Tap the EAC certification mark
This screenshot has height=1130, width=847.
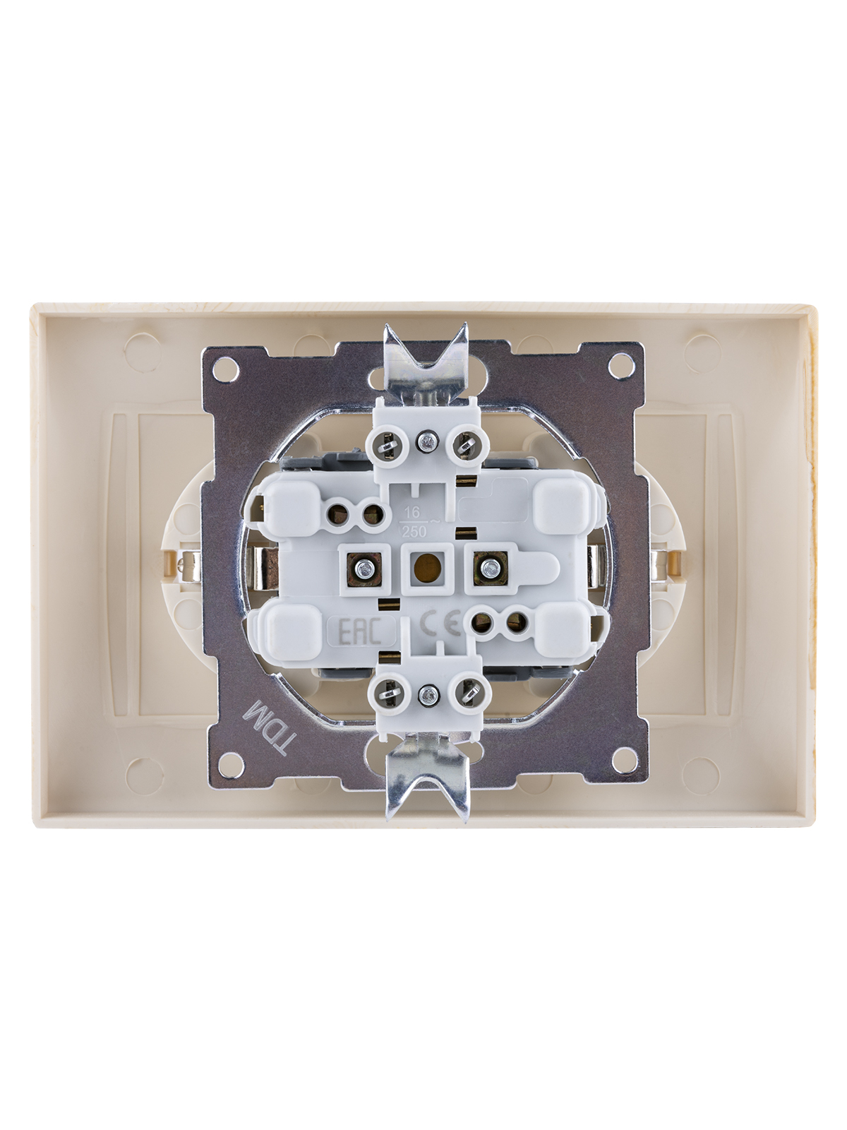coord(361,632)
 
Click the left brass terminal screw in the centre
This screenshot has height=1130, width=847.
coord(365,568)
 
